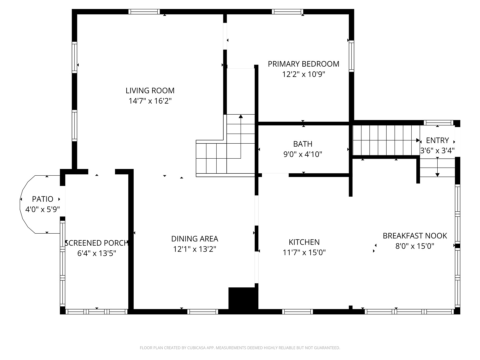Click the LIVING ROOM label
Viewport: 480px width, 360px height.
[150, 90]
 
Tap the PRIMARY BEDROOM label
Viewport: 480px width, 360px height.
[303, 64]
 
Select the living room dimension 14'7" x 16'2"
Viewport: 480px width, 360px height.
[150, 101]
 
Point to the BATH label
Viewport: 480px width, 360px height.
[303, 144]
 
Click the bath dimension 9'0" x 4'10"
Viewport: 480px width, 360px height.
[303, 154]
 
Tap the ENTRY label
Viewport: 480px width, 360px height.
[437, 140]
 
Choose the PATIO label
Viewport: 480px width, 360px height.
[43, 199]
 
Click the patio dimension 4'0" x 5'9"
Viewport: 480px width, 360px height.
[43, 209]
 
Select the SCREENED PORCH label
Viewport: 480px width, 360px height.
[97, 243]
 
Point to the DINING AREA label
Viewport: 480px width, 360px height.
[195, 239]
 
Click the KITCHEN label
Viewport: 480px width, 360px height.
[304, 242]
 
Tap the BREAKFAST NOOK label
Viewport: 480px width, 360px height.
[415, 236]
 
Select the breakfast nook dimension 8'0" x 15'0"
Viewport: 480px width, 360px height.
[415, 246]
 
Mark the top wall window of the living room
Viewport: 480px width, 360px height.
[144, 12]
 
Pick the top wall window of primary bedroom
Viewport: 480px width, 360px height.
[288, 12]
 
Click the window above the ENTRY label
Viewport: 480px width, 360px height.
[439, 123]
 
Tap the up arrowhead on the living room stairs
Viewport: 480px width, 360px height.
[241, 116]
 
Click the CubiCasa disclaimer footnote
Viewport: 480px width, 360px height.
[240, 348]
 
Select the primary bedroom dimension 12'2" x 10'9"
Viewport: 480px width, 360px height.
[304, 74]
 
